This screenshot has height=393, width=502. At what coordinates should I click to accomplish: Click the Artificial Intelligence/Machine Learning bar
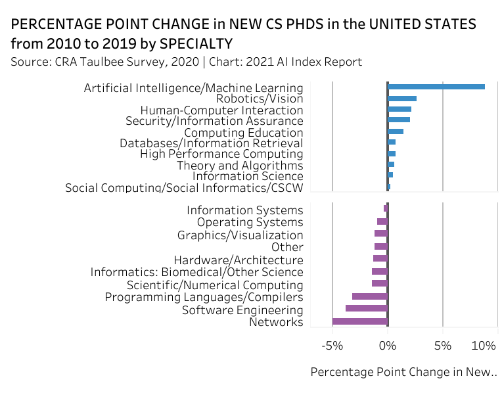[436, 87]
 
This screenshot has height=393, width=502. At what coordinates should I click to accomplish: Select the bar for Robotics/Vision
[402, 99]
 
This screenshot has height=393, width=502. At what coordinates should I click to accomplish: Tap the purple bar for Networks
[360, 322]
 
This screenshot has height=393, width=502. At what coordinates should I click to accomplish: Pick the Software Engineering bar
[367, 308]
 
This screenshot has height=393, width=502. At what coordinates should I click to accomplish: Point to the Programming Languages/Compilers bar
[370, 296]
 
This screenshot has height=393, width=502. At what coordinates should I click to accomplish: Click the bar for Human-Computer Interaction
[399, 109]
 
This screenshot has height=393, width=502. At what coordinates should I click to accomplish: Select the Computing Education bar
[396, 131]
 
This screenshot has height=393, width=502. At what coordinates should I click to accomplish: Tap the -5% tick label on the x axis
[332, 346]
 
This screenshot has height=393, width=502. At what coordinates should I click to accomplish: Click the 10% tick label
[484, 346]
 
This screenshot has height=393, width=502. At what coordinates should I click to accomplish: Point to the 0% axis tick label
[388, 346]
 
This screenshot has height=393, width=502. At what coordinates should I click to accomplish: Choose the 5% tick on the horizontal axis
[443, 346]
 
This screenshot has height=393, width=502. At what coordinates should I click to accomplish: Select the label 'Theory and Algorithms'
[240, 166]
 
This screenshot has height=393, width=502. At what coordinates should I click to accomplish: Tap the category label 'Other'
[287, 247]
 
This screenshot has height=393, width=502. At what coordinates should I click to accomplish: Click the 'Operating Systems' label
[250, 223]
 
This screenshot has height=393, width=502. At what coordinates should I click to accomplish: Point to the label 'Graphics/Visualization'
[240, 235]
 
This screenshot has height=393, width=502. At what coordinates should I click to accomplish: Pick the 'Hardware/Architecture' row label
[239, 260]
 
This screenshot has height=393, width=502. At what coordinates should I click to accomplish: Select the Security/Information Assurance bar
[399, 120]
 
